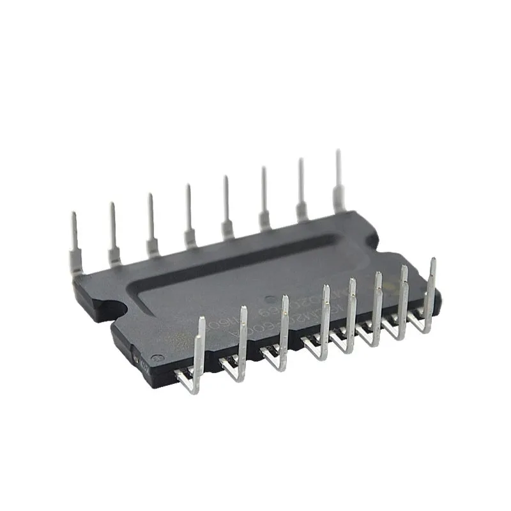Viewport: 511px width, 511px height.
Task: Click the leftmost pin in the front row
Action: (199, 358)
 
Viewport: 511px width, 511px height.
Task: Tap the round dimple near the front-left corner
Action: (160, 358)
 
